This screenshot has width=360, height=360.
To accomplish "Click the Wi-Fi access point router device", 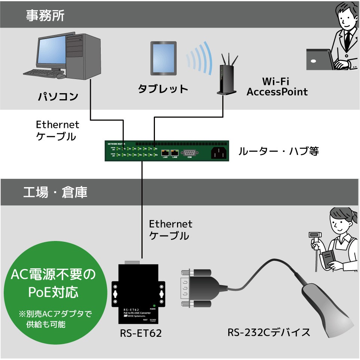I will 227,77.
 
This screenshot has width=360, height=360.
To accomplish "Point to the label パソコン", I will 58,97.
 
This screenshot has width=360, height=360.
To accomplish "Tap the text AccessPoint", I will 277,92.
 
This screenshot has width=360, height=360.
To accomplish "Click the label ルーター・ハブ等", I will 278,152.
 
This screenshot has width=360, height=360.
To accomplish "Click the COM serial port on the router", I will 189,152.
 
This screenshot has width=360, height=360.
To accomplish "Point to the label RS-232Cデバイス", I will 269,332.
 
